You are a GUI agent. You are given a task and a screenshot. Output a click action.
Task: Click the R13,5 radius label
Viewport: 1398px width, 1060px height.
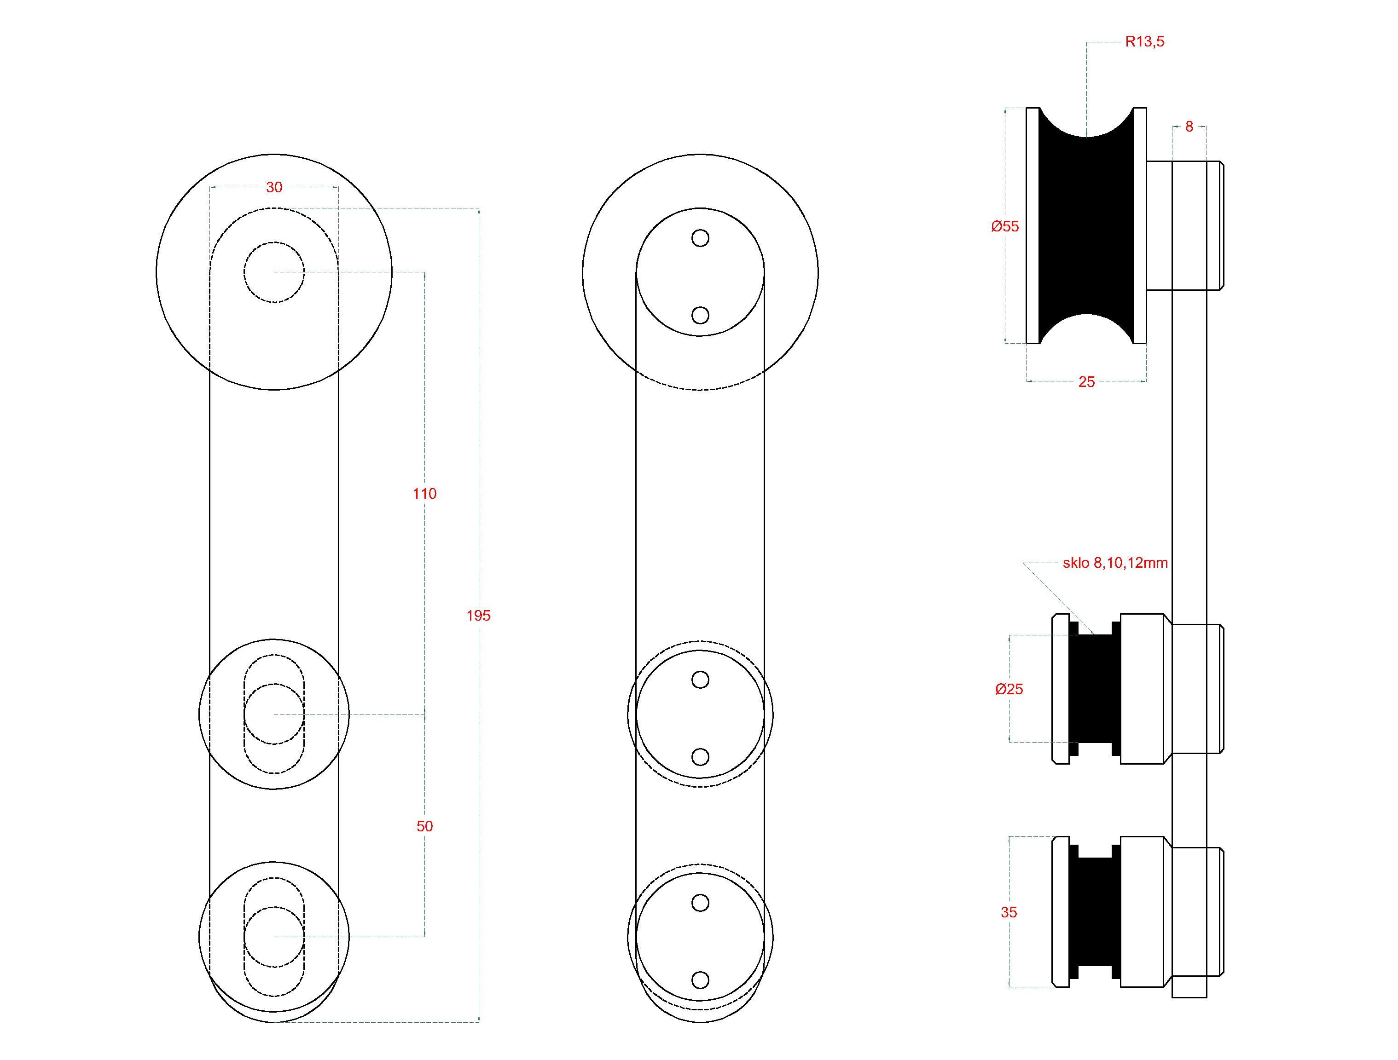[1144, 42]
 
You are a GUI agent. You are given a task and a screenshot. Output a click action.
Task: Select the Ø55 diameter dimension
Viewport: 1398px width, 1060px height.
[1005, 226]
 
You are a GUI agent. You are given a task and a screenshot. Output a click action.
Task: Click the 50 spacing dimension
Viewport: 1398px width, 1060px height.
[425, 826]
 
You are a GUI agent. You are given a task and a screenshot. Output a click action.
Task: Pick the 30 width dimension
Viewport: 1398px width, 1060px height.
[274, 187]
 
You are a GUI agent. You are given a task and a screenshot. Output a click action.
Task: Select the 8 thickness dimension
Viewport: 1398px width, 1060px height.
[1189, 127]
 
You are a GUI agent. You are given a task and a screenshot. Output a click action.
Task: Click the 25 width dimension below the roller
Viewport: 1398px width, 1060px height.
[1086, 381]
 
